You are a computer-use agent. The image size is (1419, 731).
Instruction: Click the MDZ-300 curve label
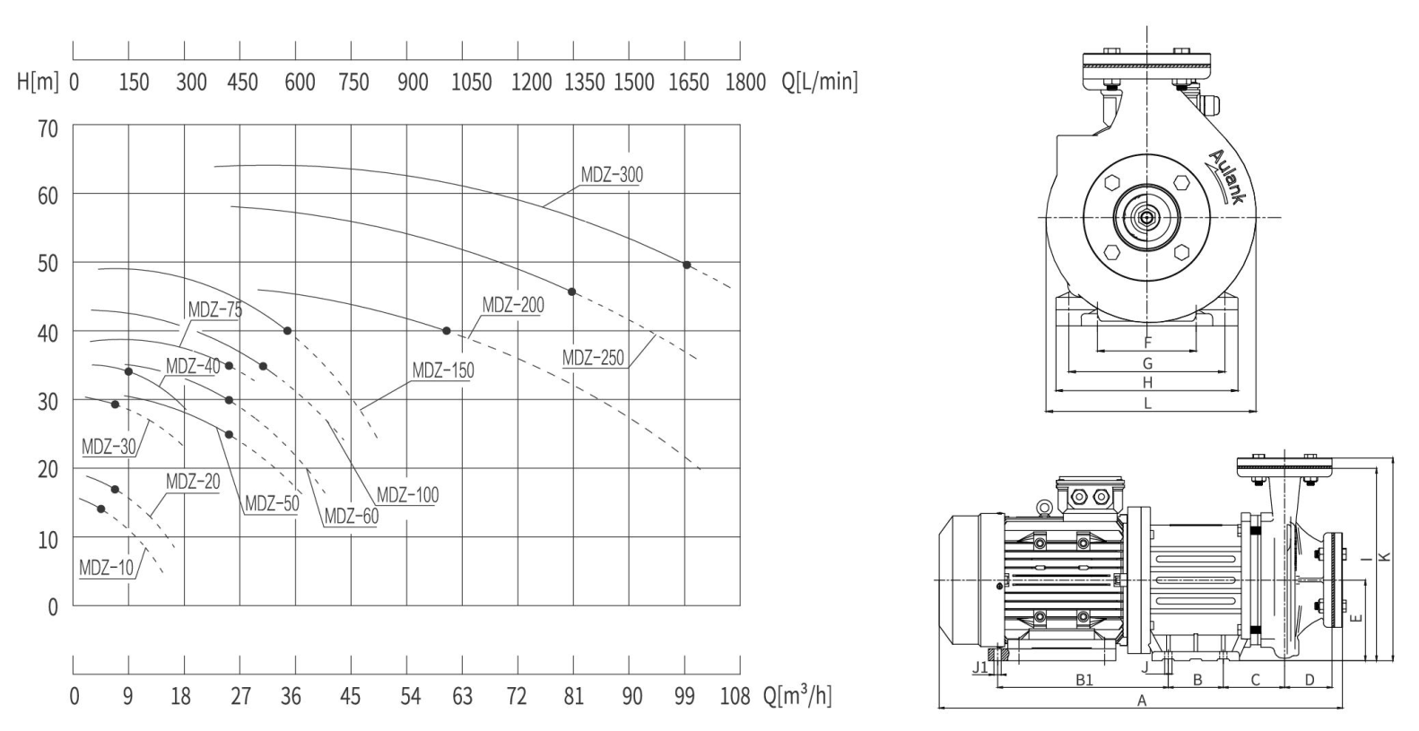[x=612, y=175]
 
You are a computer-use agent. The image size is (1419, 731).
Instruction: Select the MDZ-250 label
[x=593, y=358]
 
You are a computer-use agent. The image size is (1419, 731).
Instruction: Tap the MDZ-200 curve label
[x=513, y=305]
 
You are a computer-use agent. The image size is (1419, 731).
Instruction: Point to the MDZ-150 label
[x=443, y=370]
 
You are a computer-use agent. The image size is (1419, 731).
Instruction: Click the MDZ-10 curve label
[x=106, y=567]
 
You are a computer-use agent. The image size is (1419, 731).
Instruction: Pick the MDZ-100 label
[x=407, y=494]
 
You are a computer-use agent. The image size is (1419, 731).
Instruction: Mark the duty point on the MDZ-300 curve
[x=687, y=265]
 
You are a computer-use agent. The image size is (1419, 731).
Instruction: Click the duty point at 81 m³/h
[x=572, y=292]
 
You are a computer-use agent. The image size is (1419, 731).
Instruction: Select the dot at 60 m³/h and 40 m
[x=447, y=331]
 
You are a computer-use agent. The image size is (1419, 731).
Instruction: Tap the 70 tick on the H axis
[x=47, y=128]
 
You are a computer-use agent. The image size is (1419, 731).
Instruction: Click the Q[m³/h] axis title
[x=797, y=694]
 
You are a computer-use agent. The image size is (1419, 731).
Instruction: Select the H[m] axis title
[x=39, y=83]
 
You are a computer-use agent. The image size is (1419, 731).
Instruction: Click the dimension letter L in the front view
[x=1147, y=404]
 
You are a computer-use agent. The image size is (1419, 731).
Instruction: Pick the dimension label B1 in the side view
[x=1084, y=680]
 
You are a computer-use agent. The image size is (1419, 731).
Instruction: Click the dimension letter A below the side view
[x=1142, y=701]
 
